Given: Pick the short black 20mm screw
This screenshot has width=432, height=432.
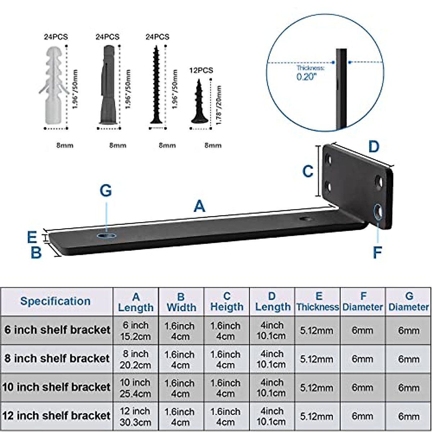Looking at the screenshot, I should (198, 103).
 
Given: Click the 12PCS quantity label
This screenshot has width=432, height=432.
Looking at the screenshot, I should (201, 71).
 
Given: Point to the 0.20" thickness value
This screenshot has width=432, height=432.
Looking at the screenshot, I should (306, 77).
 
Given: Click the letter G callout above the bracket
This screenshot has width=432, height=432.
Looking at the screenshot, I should (106, 191).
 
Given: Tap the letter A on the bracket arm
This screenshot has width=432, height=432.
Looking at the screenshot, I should (199, 206).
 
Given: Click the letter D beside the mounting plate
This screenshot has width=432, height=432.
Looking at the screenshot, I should (374, 147).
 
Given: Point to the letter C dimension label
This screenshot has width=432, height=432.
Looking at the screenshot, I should (307, 171).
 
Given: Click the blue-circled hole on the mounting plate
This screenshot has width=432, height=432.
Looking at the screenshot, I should (378, 211).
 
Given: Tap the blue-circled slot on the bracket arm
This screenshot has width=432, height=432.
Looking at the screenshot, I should (107, 235).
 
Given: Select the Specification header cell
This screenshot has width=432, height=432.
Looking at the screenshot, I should (55, 301).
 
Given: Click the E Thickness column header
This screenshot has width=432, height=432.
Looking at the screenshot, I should (318, 302).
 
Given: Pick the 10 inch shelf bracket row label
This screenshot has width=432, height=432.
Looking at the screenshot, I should (56, 387).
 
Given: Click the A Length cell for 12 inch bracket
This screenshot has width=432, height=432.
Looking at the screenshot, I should (135, 417).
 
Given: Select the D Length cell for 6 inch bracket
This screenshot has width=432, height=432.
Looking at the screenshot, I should (271, 330).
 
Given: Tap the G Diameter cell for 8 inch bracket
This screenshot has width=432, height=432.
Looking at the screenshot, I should (409, 359).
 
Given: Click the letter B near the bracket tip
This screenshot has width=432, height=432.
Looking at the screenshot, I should (36, 253).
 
